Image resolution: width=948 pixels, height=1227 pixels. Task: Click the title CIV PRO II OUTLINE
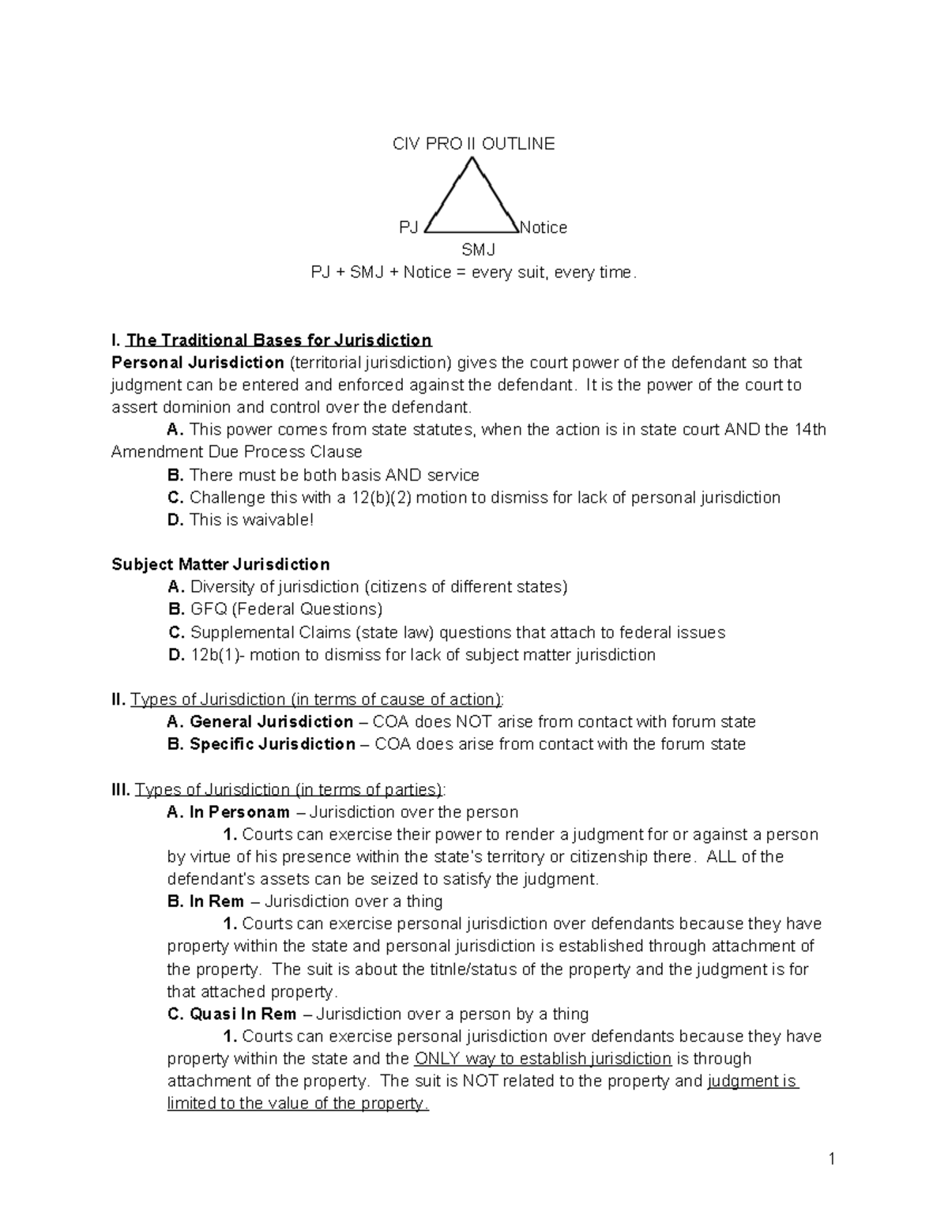click(x=474, y=144)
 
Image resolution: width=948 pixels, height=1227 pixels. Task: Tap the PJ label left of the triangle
click(x=408, y=228)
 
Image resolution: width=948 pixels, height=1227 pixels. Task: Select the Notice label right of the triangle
click(x=544, y=228)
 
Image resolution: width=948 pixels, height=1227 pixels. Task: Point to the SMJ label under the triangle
click(x=478, y=250)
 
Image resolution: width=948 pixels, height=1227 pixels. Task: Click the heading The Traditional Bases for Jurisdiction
click(x=278, y=341)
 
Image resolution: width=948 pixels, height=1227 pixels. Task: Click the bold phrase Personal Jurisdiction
click(x=197, y=363)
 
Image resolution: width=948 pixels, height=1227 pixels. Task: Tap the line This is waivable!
click(x=251, y=520)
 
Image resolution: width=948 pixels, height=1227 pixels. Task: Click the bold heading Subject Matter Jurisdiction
click(x=220, y=565)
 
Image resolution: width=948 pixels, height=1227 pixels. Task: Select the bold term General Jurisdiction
click(x=271, y=722)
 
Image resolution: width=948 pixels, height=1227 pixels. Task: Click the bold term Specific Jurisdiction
click(x=272, y=744)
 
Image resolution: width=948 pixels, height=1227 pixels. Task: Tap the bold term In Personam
click(x=239, y=812)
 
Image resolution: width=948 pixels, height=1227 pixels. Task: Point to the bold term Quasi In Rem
click(x=243, y=1014)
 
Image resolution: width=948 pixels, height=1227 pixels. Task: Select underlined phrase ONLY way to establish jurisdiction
click(x=543, y=1059)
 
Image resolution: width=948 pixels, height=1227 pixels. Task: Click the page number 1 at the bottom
click(x=832, y=1160)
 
